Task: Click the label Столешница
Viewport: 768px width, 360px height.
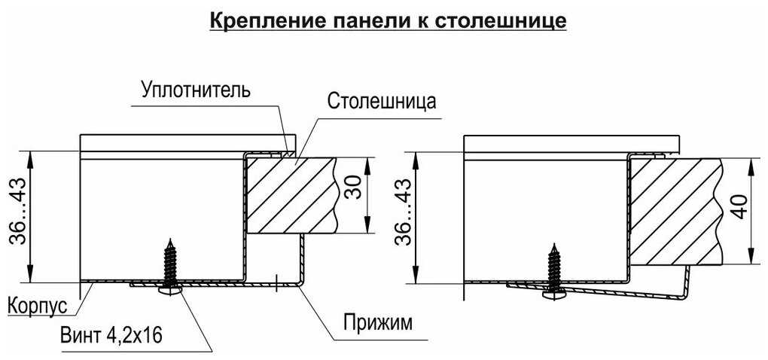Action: coord(382,102)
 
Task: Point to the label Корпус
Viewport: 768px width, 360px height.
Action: coord(38,307)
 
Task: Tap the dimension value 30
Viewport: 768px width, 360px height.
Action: coord(353,195)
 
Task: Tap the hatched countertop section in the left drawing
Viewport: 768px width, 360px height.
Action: coord(290,194)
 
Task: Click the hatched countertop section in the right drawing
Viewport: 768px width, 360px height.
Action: coord(674,210)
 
